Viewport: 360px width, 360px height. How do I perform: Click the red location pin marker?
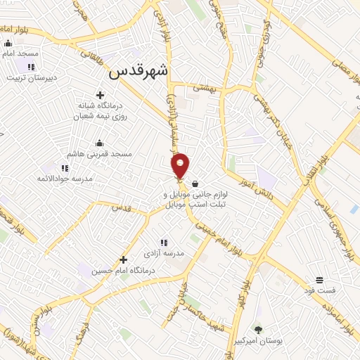(x=181, y=165)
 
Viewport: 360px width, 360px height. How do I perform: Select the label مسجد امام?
(x=20, y=54)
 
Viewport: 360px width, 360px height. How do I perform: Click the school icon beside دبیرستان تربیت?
(x=31, y=67)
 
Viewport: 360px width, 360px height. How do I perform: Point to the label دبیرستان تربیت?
(x=30, y=77)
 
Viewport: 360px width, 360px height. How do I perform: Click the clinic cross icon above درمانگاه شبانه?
(x=100, y=95)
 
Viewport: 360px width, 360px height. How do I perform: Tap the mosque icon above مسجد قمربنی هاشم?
(x=98, y=142)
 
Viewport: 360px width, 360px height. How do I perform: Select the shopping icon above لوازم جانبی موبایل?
(x=184, y=184)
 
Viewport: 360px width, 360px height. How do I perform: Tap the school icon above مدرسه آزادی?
(x=163, y=241)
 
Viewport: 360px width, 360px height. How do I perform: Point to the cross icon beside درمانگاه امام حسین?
(x=123, y=259)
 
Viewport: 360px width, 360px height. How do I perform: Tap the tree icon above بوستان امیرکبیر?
(x=257, y=329)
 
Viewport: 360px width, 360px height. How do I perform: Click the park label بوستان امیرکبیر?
(x=257, y=340)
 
